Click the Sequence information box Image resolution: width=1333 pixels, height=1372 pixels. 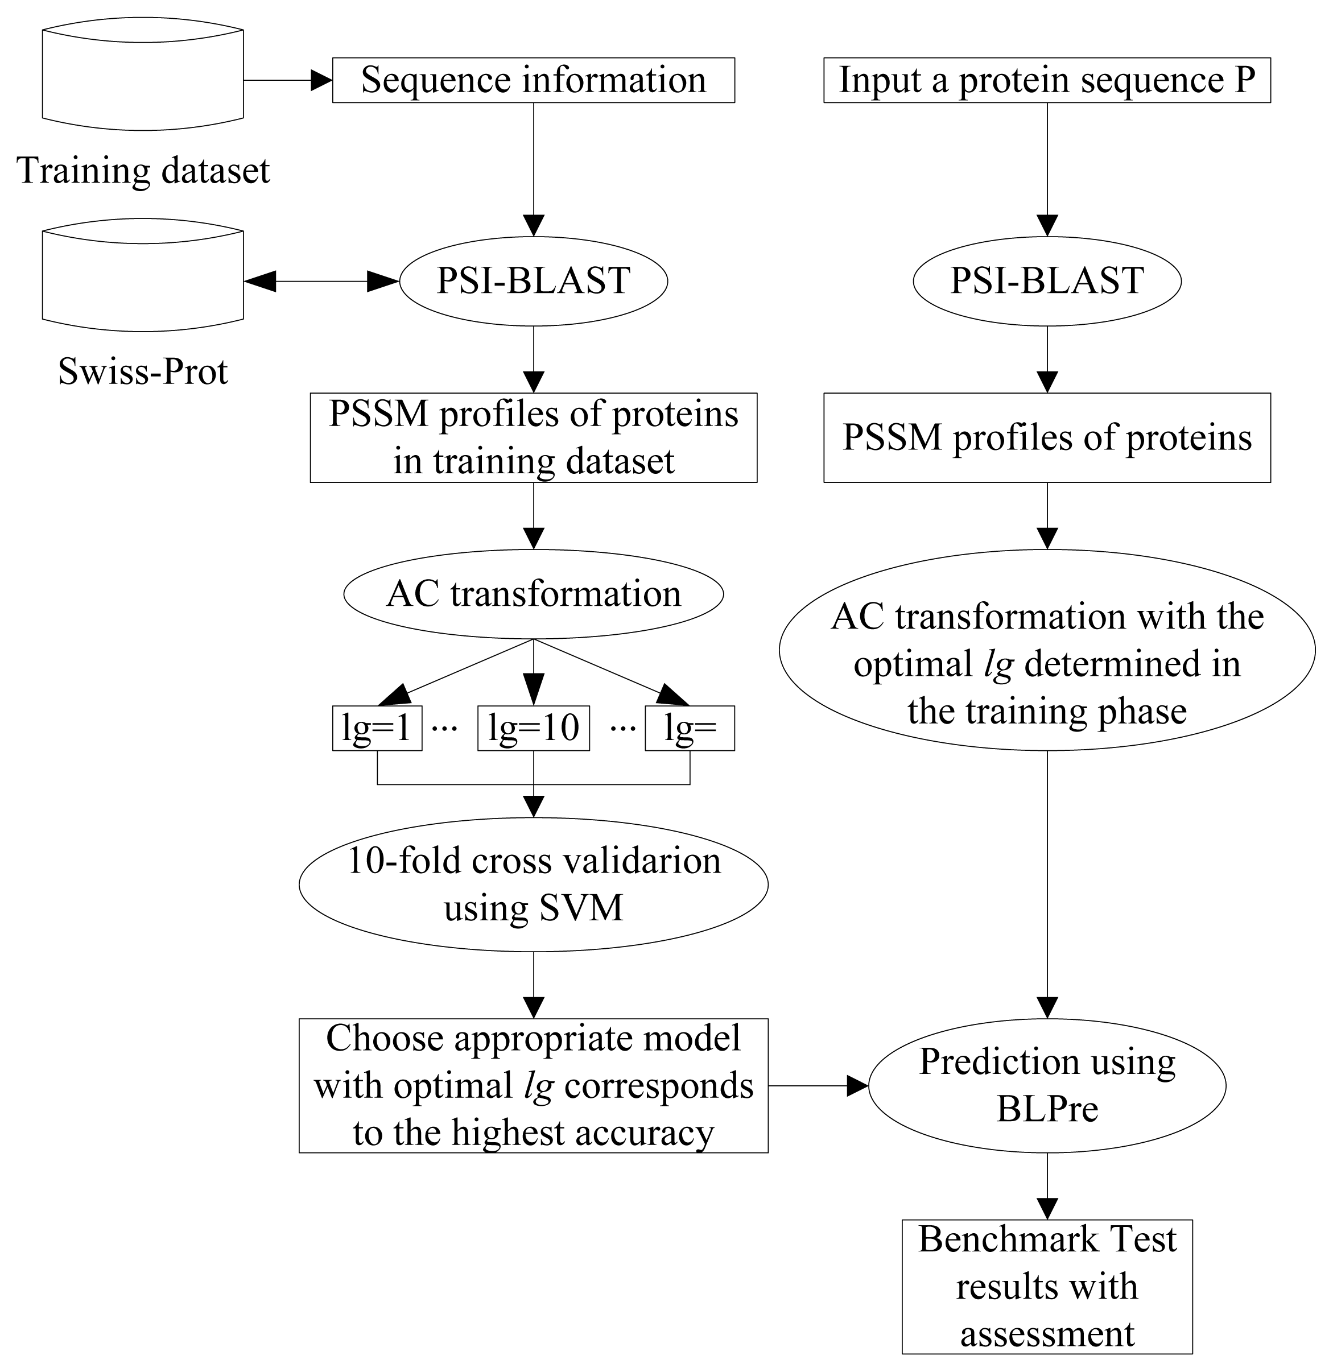pos(534,80)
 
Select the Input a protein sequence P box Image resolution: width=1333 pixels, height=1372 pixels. pos(1047,80)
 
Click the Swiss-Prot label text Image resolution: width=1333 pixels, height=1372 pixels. pos(143,371)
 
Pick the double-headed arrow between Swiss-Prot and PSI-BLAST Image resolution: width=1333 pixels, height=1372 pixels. pos(321,282)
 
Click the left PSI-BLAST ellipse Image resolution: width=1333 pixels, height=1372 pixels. pos(534,280)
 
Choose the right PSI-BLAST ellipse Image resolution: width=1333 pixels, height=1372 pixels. pos(1047,280)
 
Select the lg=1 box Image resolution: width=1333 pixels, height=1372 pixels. pos(377,729)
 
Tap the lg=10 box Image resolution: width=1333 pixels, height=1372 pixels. pos(534,729)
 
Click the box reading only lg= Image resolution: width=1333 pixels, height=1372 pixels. pos(690,729)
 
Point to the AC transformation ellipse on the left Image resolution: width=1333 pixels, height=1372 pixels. pos(534,594)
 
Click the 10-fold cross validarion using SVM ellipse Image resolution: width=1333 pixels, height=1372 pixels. pos(534,884)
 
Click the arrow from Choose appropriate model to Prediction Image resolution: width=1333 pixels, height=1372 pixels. pos(818,1086)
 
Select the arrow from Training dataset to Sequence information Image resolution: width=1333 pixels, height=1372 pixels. pos(287,80)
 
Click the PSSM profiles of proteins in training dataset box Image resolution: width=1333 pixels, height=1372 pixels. pos(534,437)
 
